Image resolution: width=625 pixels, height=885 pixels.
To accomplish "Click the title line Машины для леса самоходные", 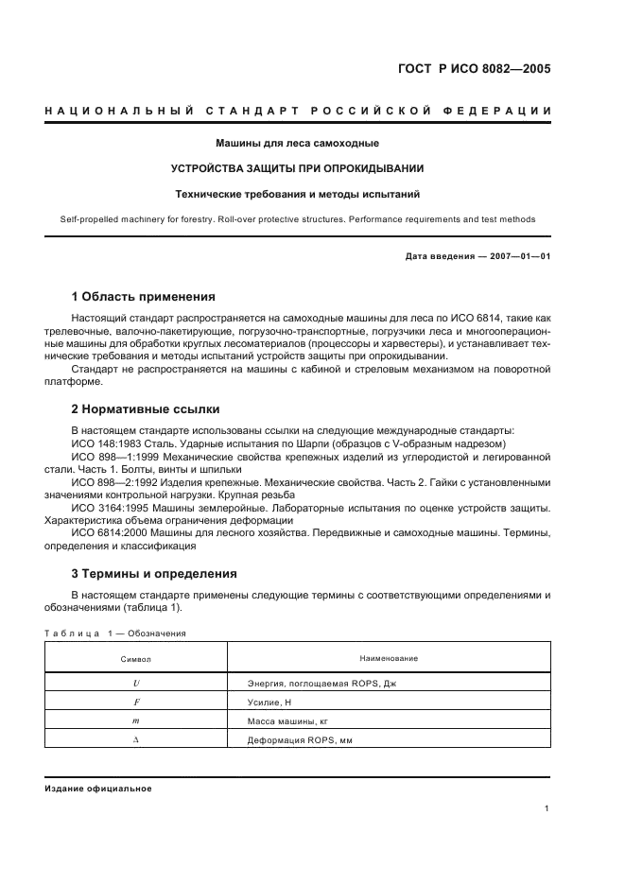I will coord(300,143).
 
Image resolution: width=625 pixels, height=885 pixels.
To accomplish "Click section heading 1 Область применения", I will coord(144,296).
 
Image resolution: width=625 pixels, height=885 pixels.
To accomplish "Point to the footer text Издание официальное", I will coord(98,789).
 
